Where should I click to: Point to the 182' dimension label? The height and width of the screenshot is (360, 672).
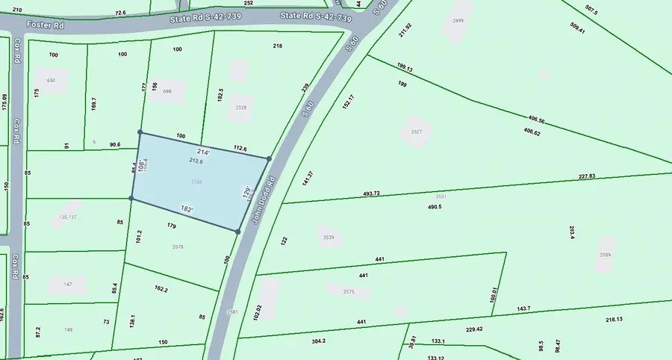187,209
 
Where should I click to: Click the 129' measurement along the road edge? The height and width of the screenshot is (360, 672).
246,193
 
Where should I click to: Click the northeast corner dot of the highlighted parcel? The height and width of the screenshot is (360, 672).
269,158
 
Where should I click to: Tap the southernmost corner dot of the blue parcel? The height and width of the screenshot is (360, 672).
238,232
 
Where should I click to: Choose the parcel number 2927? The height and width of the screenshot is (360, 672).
417,132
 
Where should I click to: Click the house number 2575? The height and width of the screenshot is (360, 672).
348,292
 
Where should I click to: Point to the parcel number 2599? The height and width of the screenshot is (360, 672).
605,255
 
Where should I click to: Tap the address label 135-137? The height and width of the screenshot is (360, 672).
67,217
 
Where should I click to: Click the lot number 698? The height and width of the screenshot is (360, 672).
167,91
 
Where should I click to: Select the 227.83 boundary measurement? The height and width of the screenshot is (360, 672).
586,176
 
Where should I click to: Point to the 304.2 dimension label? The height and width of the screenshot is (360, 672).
318,341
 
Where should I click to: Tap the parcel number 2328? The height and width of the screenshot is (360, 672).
240,108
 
